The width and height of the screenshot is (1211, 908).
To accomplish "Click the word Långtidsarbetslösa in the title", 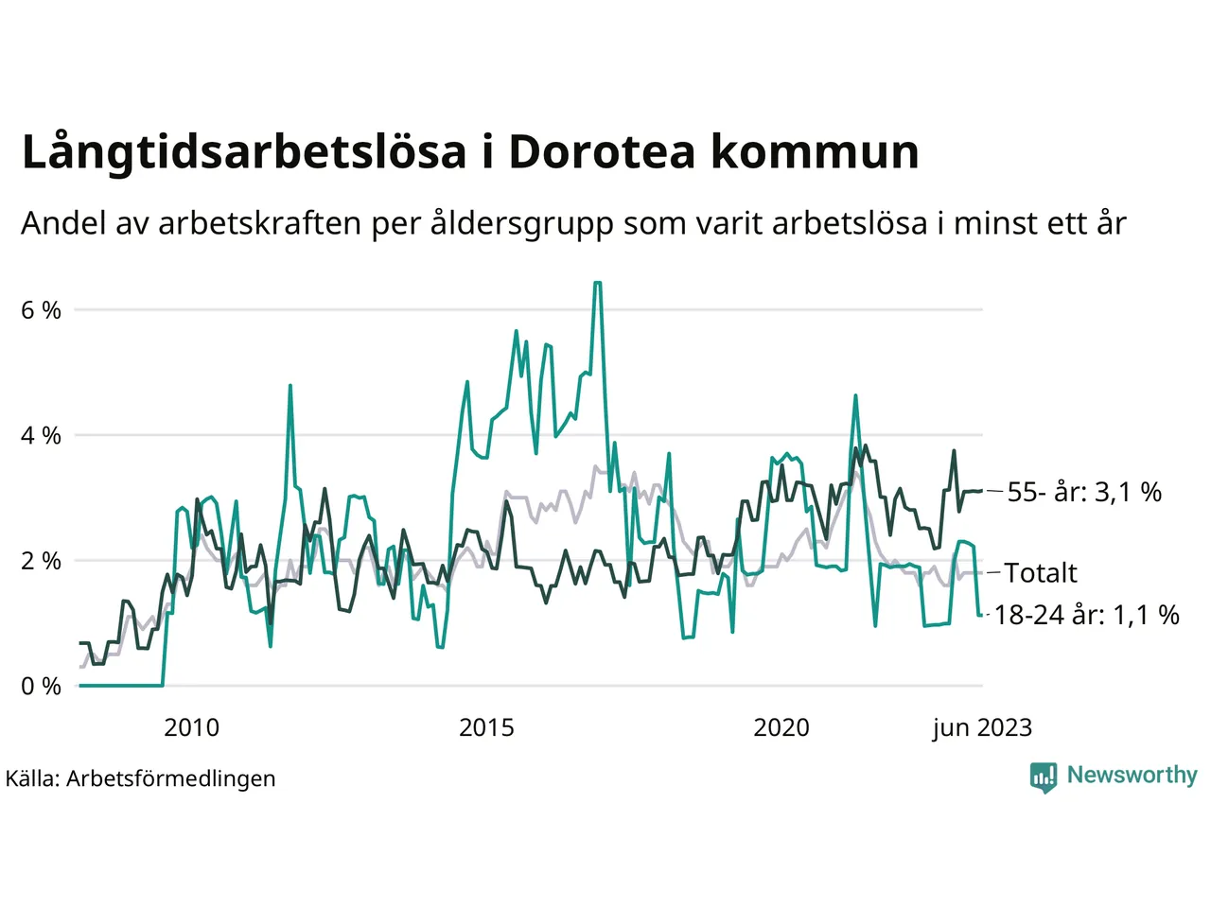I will (244, 153).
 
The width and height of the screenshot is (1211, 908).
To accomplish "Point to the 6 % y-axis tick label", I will (41, 310).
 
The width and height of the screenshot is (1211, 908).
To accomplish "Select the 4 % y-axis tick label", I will (41, 436).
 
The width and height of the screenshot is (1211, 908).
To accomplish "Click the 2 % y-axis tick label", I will (41, 561).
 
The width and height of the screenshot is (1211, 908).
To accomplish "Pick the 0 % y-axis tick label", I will (41, 687).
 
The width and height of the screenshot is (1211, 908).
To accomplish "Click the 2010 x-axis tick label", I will (191, 727).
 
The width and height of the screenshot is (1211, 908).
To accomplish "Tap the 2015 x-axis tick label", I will (486, 727).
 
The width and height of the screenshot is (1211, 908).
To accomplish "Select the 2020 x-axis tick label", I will (781, 727).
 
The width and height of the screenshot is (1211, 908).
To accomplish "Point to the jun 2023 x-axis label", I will (982, 727).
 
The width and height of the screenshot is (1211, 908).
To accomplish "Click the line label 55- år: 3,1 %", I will (1084, 492).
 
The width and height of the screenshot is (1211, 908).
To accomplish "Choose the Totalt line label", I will (1041, 573).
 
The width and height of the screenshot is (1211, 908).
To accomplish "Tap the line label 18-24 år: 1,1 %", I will (1086, 615).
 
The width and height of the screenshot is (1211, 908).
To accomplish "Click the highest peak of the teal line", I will (597, 283).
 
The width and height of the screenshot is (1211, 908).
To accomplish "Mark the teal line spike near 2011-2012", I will (290, 386).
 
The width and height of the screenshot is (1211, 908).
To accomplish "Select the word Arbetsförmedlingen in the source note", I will (171, 779).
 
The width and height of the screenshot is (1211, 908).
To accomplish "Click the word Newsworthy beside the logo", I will (1132, 776).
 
